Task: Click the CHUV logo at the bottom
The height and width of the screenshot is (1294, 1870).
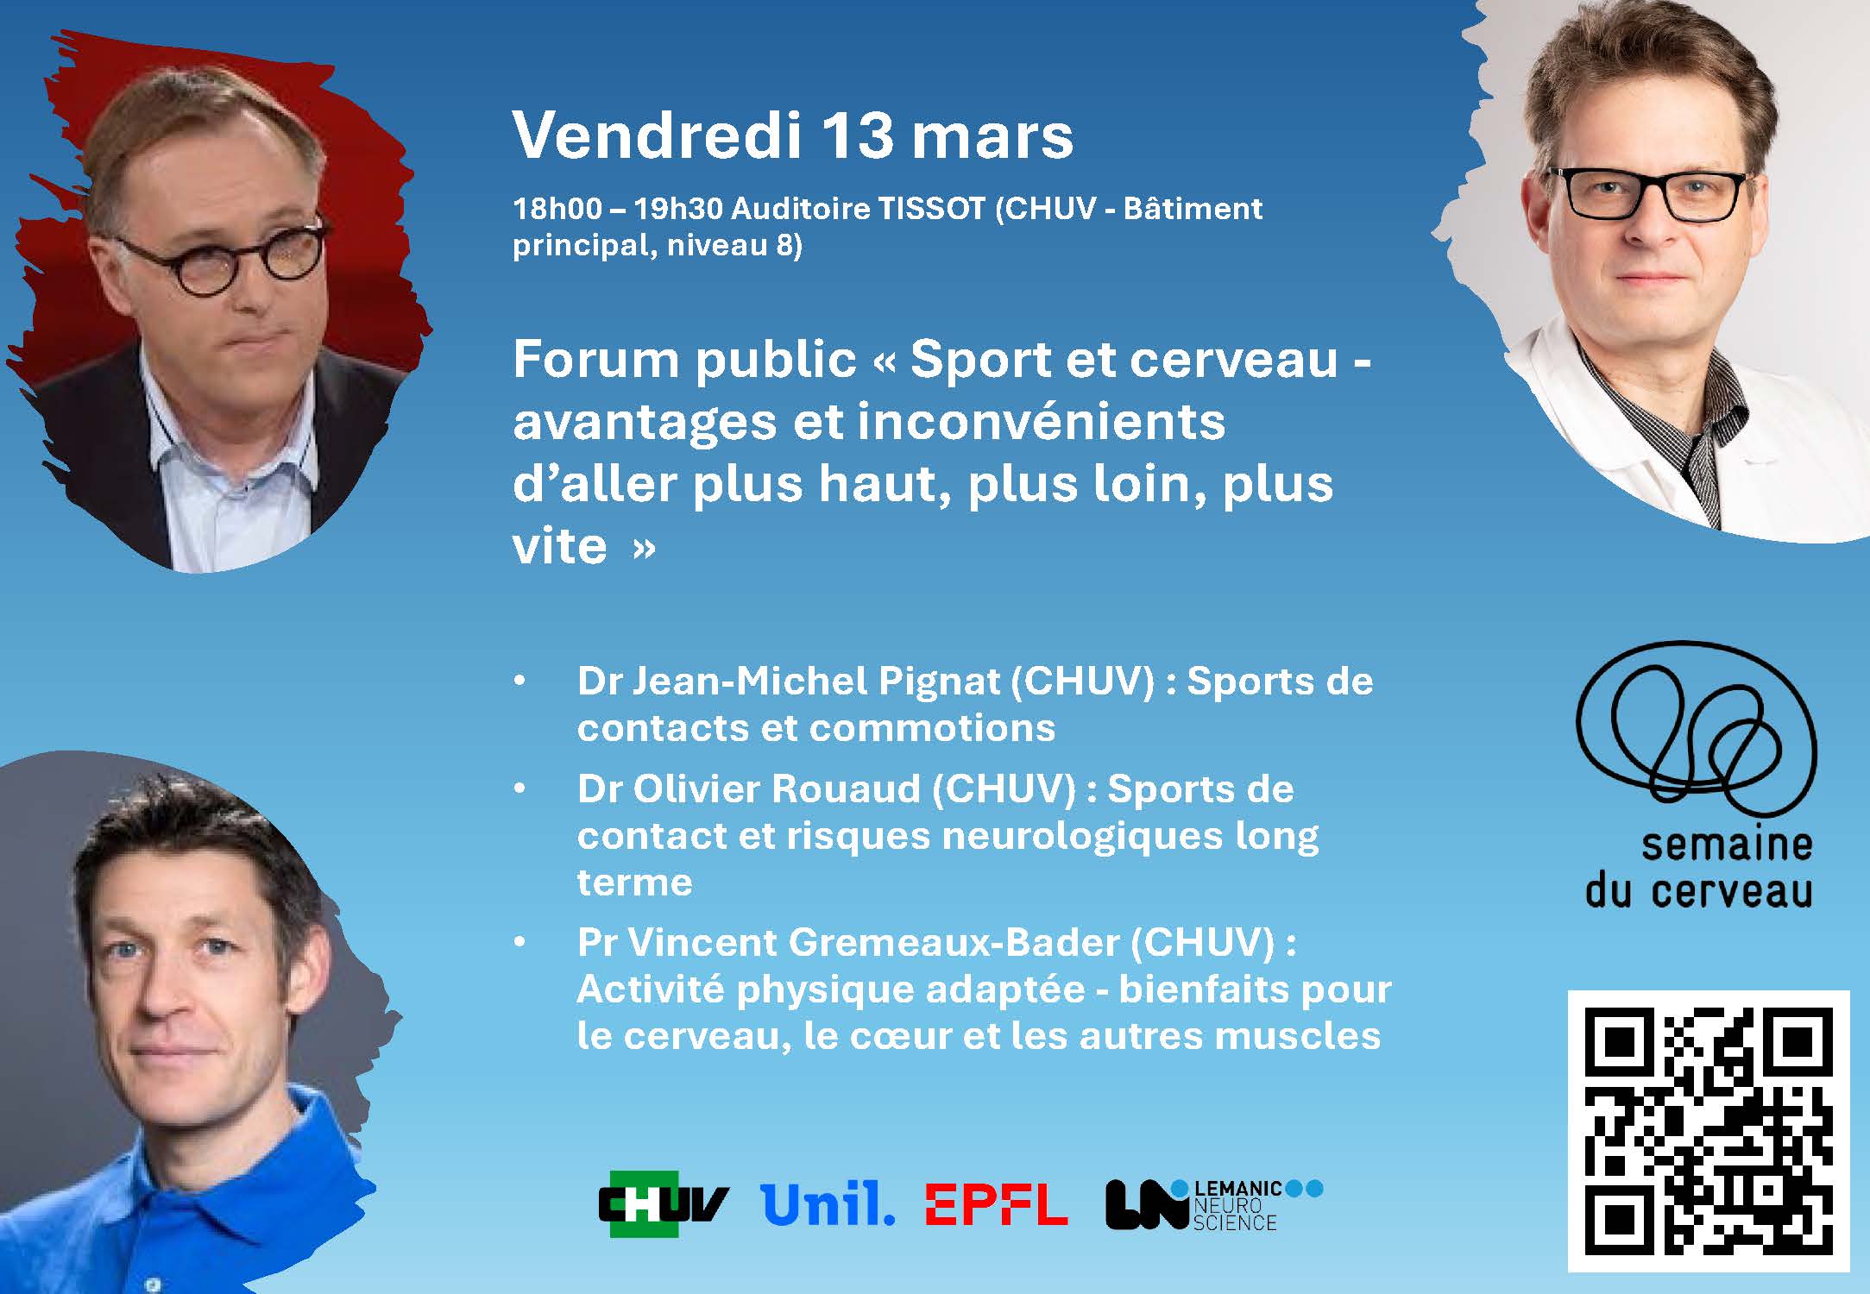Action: pos(664,1203)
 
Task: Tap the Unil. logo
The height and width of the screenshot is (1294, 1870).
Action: pos(828,1203)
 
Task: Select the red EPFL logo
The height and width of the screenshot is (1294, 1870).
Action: pos(996,1204)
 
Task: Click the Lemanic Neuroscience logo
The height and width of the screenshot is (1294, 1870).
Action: pos(1213,1204)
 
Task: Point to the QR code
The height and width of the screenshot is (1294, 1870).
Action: pos(1709,1131)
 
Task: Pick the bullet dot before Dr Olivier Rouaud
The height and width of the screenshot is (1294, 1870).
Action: pos(519,788)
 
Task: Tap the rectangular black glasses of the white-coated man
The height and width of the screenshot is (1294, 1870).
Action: pos(1646,193)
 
